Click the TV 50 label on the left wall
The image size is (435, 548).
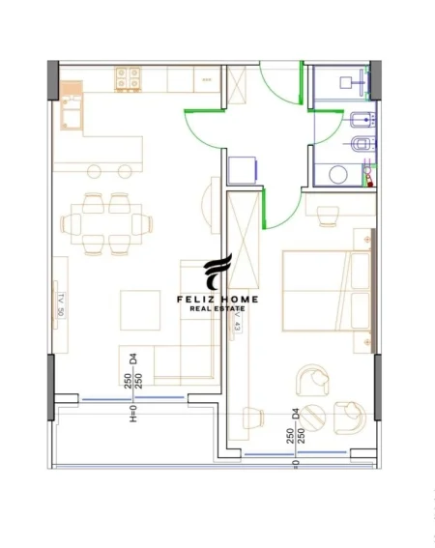[x=60, y=304]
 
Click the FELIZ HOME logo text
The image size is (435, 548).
[x=217, y=300]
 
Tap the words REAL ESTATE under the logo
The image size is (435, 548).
[x=217, y=310]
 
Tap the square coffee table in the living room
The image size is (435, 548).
[x=140, y=310]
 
